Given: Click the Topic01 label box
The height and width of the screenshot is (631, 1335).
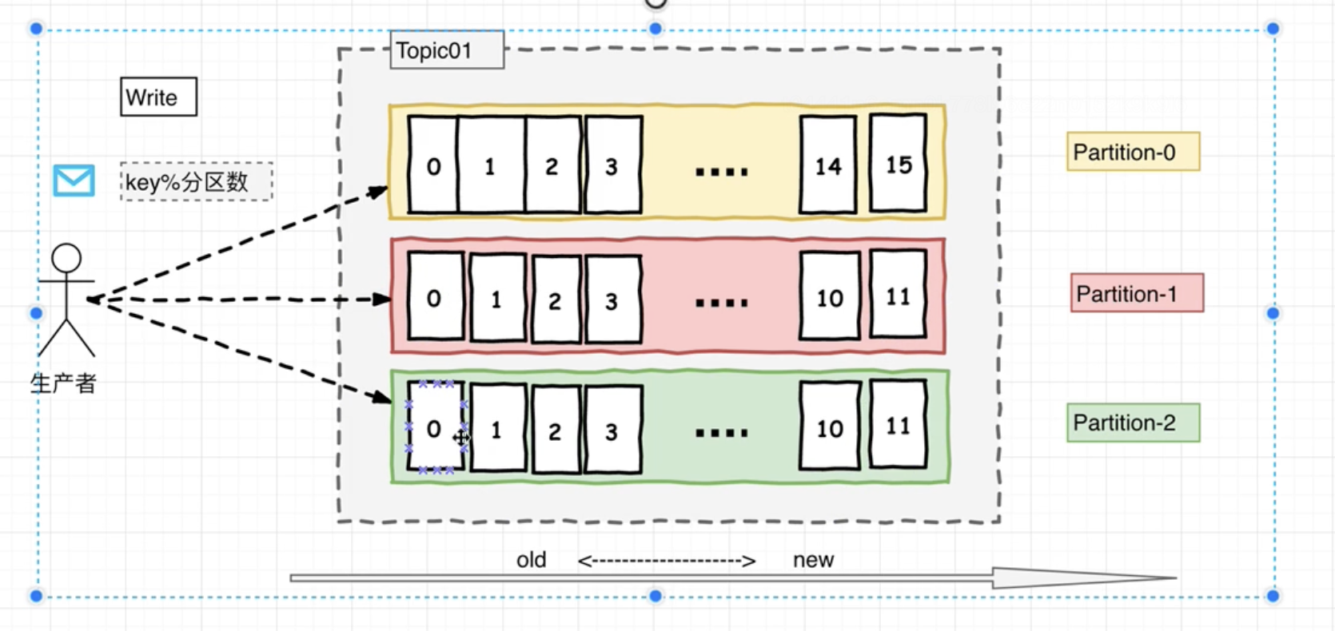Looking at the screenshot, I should click(x=446, y=50).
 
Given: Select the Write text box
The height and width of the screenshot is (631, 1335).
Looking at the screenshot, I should click(x=158, y=97).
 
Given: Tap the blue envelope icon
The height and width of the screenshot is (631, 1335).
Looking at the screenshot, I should click(x=74, y=181).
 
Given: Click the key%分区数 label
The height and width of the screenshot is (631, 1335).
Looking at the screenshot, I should click(x=196, y=182).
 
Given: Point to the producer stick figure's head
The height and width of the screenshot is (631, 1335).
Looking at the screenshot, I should click(x=66, y=258).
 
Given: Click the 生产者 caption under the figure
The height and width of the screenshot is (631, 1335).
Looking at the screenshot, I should click(x=63, y=383).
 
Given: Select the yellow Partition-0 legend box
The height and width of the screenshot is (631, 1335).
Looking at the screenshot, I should click(x=1133, y=152).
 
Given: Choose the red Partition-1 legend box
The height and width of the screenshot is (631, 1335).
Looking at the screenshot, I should click(x=1137, y=294).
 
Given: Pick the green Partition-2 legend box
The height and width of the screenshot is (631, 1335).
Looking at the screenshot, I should click(x=1133, y=423).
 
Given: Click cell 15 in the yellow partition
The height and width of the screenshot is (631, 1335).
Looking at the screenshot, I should click(x=899, y=165).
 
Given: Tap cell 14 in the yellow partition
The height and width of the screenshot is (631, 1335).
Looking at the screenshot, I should click(x=828, y=165).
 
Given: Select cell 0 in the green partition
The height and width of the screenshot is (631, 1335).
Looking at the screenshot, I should click(x=434, y=428).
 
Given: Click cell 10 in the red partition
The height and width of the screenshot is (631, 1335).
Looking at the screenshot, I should click(x=830, y=297).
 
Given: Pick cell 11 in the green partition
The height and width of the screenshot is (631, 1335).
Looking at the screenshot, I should click(x=899, y=425).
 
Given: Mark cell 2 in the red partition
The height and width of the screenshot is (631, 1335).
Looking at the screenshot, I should click(x=555, y=300).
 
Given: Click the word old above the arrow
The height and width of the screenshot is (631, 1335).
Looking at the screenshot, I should click(x=531, y=560).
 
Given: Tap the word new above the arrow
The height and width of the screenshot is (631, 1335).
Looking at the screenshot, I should click(x=813, y=560).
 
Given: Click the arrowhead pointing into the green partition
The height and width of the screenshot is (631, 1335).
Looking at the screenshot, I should click(x=382, y=396).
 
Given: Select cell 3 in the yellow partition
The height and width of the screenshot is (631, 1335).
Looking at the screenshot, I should click(x=612, y=165).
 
